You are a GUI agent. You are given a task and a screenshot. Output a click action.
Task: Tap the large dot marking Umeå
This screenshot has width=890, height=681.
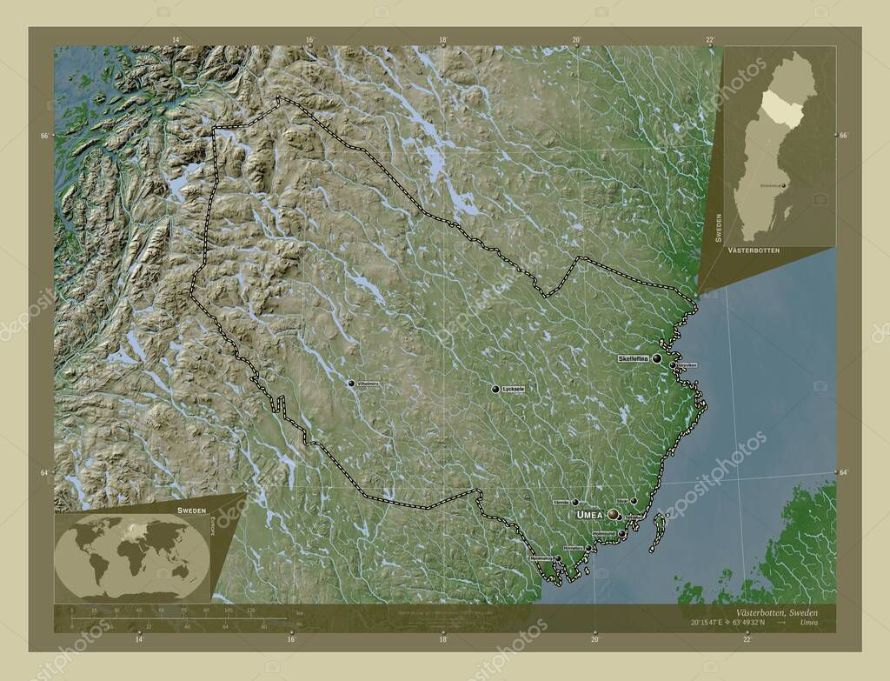click(614, 515)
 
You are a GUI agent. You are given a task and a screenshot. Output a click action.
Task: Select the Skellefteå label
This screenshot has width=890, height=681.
click(634, 358)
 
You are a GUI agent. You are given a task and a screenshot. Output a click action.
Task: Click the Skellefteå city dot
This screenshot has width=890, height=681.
click(657, 358)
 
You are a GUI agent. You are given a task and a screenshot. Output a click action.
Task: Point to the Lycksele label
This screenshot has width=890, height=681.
click(514, 390)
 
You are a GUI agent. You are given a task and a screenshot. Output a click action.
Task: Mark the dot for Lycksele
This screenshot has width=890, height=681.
click(495, 390)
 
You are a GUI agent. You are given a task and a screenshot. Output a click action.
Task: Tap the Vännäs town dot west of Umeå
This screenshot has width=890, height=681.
click(575, 502)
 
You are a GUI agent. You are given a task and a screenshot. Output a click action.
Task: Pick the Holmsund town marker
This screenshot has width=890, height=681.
click(622, 533)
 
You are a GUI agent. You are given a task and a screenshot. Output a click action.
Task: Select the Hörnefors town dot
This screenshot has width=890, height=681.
click(583, 548)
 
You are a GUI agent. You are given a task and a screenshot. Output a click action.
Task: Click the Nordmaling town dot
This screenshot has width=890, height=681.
click(558, 558)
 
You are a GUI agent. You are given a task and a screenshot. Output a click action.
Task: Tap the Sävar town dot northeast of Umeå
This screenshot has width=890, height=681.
click(634, 501)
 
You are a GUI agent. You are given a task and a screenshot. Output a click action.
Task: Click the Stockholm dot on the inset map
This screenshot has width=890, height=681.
click(785, 185)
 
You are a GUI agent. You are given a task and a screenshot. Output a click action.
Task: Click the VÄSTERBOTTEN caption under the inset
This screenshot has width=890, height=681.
click(753, 250)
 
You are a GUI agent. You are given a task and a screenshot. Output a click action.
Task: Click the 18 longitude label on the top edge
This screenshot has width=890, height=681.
click(442, 40)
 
